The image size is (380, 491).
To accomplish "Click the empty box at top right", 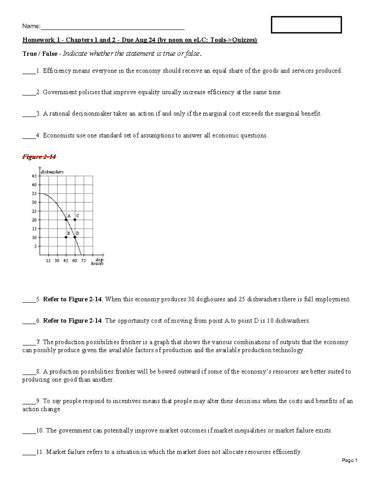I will pyautogui.click(x=306, y=25).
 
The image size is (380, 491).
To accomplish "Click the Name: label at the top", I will pyautogui.click(x=31, y=26).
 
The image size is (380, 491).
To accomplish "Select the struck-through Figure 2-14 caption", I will pyautogui.click(x=39, y=157).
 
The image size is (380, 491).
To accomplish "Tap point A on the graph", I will pyautogui.click(x=66, y=220).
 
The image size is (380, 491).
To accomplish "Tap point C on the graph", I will pyautogui.click(x=75, y=220).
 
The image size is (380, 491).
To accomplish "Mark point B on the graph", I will pyautogui.click(x=66, y=237).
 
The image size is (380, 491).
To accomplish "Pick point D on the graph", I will pyautogui.click(x=75, y=237).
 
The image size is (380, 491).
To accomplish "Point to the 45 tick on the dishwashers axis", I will pyautogui.click(x=34, y=176).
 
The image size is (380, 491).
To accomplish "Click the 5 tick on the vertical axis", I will pyautogui.click(x=35, y=246).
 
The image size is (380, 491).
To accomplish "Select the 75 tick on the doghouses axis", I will pyautogui.click(x=83, y=261).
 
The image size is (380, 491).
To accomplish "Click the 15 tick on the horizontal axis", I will pyautogui.click(x=48, y=261).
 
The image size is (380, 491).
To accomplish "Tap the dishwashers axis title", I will pyautogui.click(x=52, y=172).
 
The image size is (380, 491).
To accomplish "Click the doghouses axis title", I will pyautogui.click(x=97, y=262).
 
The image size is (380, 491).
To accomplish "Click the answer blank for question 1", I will pyautogui.click(x=28, y=71).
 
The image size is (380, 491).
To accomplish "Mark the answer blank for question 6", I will pyautogui.click(x=28, y=321).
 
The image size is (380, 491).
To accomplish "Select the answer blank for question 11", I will pyautogui.click(x=28, y=452).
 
